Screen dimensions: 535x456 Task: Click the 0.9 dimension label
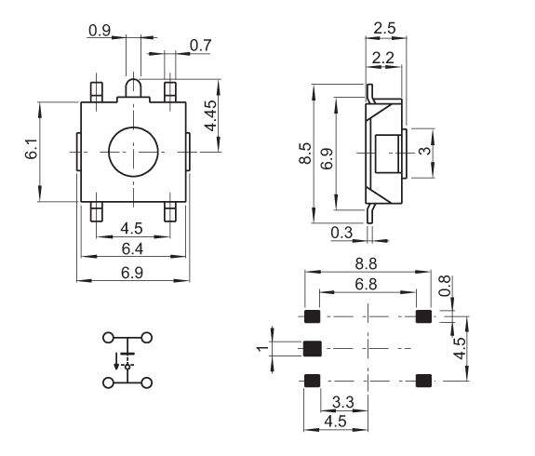(100, 31)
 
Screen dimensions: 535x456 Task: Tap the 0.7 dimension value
(201, 46)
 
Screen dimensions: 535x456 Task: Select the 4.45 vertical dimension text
(210, 115)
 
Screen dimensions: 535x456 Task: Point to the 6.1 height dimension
(31, 149)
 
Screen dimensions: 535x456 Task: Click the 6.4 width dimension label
(132, 248)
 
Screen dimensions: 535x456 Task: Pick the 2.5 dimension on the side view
(384, 28)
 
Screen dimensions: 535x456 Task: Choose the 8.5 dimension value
(305, 154)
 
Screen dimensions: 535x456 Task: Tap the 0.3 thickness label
(341, 233)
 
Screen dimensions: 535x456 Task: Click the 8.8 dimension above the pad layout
(366, 264)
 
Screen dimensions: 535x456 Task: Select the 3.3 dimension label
(343, 402)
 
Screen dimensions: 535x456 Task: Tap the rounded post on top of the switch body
(133, 88)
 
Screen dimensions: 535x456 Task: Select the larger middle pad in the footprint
(313, 348)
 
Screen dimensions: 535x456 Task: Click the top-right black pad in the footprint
(423, 316)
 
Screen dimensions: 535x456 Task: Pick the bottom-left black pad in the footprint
(313, 381)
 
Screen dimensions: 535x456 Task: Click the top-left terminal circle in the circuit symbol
(108, 338)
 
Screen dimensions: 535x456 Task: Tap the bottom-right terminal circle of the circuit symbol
(147, 383)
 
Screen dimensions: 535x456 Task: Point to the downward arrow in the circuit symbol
(116, 361)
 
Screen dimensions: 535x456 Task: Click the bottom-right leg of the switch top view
(170, 211)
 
